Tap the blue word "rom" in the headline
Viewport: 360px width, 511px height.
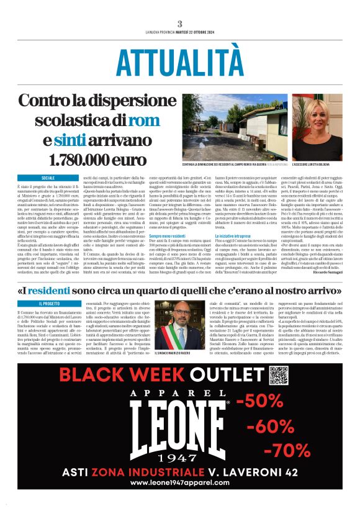pyautogui.click(x=146, y=120)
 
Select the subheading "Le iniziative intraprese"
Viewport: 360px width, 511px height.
pyautogui.click(x=236, y=236)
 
